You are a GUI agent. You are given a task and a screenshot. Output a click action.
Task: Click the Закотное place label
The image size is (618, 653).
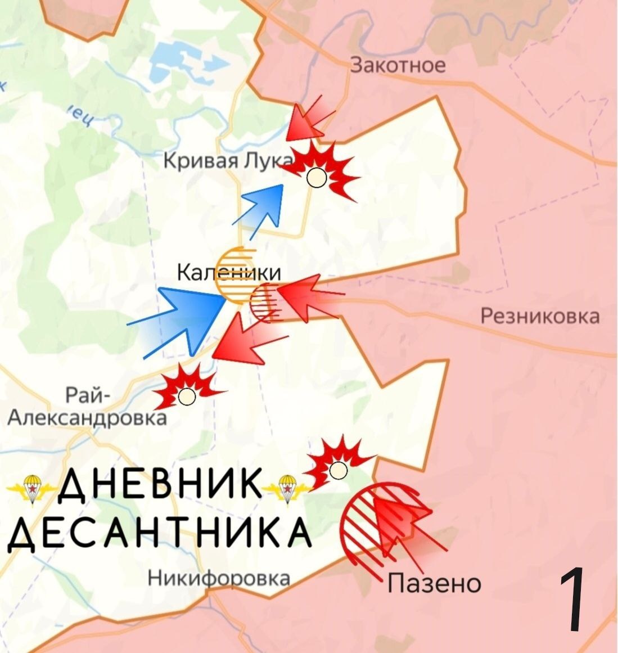pos(398,65)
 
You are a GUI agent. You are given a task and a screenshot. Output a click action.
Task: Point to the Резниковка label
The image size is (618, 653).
pos(540,316)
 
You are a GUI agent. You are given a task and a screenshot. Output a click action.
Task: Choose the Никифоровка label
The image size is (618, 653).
pos(219,578)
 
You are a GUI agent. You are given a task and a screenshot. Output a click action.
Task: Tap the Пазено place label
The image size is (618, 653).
pos(434,583)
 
